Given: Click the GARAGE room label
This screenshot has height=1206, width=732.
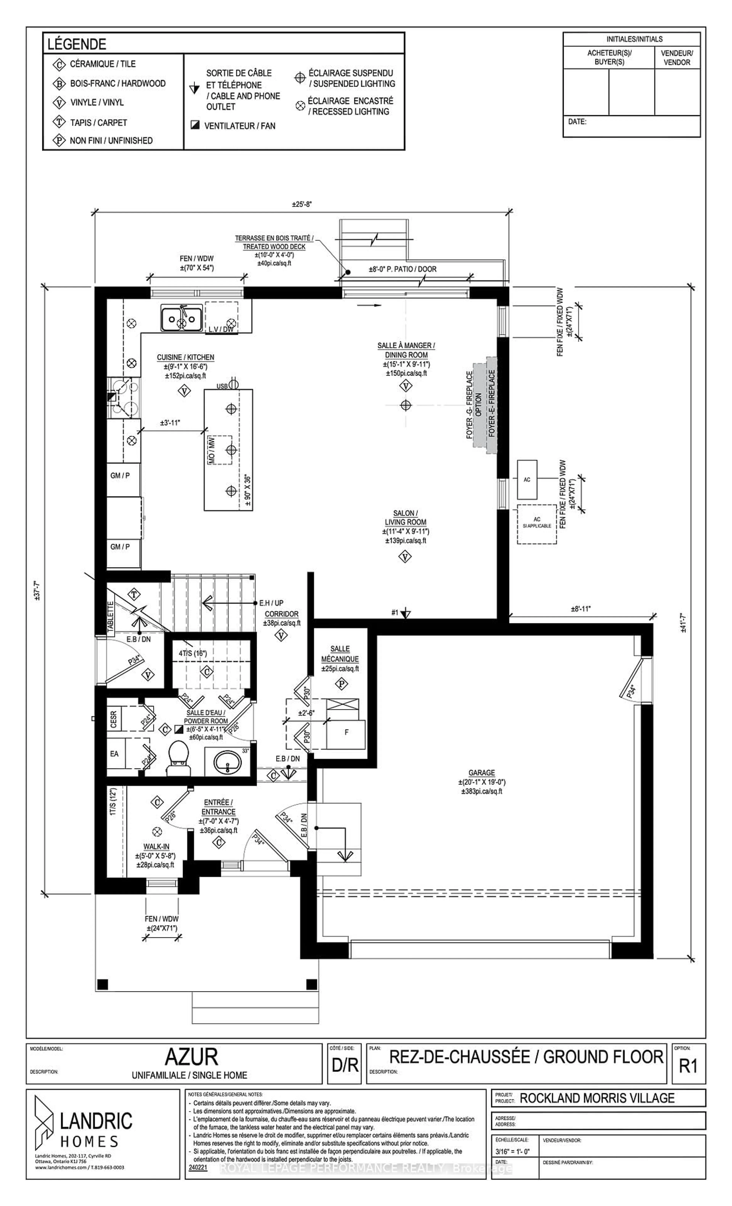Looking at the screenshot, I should click(482, 772).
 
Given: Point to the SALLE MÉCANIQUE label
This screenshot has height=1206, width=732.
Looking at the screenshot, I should click(340, 654).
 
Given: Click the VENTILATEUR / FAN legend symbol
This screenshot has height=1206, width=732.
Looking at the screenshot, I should click(195, 125).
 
